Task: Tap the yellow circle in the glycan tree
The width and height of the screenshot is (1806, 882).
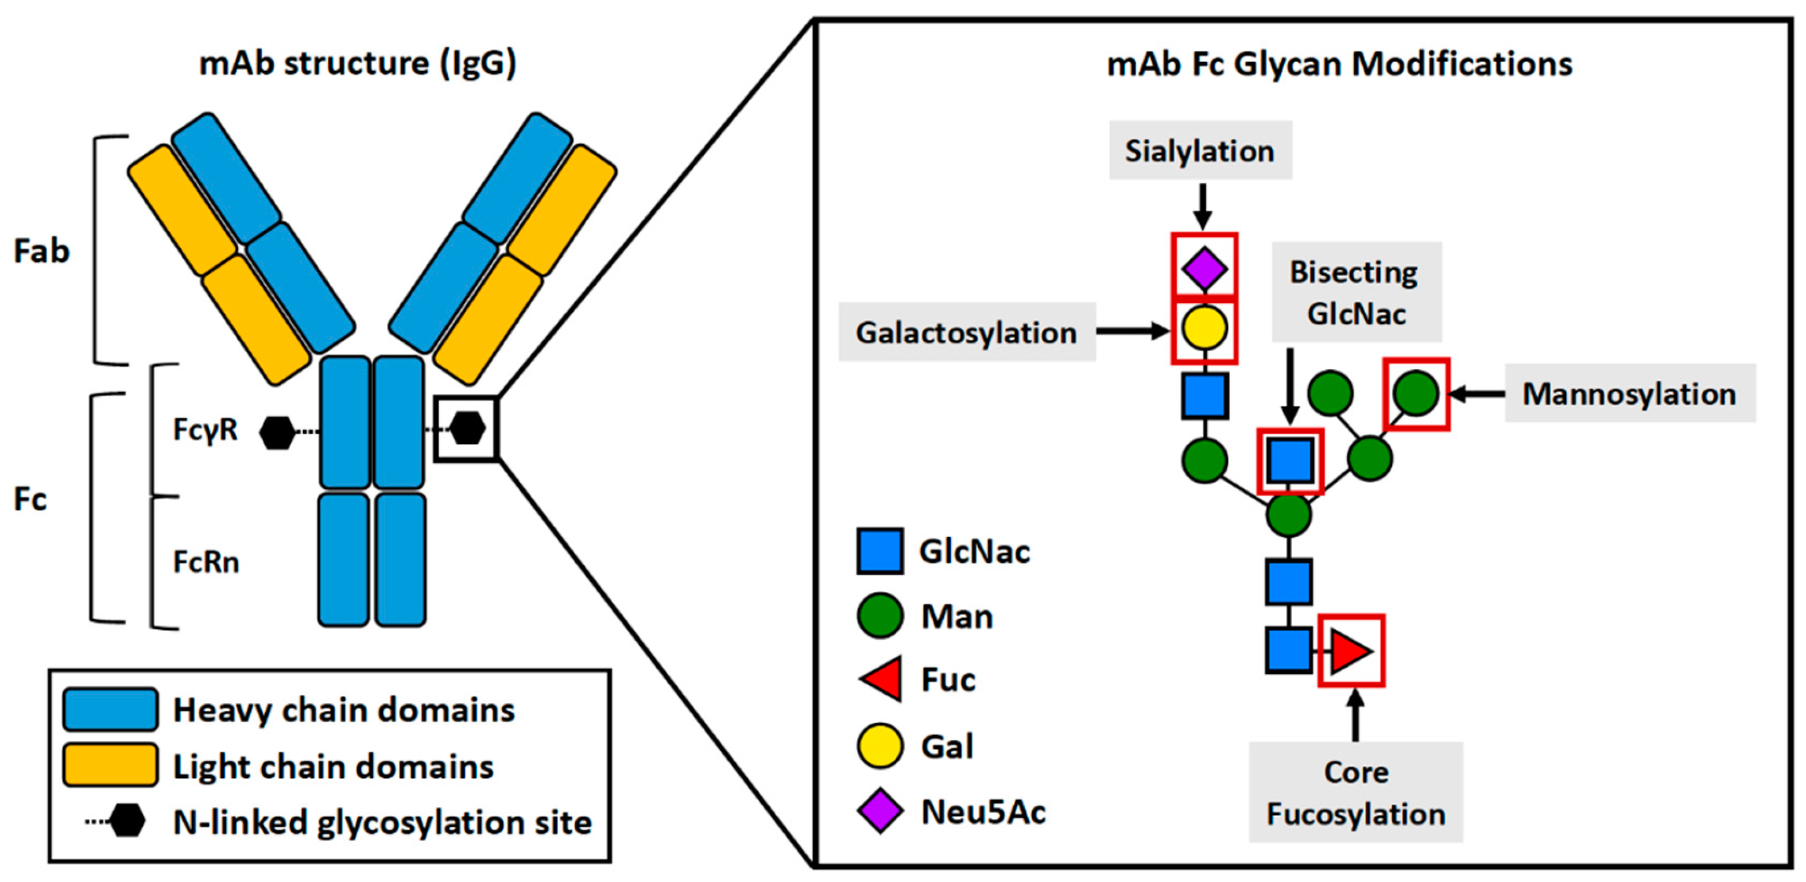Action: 1204,327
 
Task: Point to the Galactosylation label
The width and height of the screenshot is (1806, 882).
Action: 967,332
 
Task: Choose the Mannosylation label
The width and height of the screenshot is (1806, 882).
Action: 1629,393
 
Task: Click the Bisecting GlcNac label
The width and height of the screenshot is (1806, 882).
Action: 1356,292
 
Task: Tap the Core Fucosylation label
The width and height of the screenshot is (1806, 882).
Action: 1355,792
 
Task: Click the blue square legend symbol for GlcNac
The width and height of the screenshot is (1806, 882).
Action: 880,551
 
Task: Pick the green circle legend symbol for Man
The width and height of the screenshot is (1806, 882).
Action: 880,616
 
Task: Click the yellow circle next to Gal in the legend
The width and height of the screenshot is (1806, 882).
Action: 880,745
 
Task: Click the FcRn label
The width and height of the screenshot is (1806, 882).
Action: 206,562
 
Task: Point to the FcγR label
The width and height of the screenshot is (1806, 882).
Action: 206,429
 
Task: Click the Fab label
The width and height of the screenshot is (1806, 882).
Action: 41,251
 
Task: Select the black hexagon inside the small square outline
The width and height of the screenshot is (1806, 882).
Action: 467,428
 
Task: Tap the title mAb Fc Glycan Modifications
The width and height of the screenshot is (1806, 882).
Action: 1339,64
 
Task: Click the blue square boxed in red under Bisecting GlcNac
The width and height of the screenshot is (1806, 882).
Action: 1289,461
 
